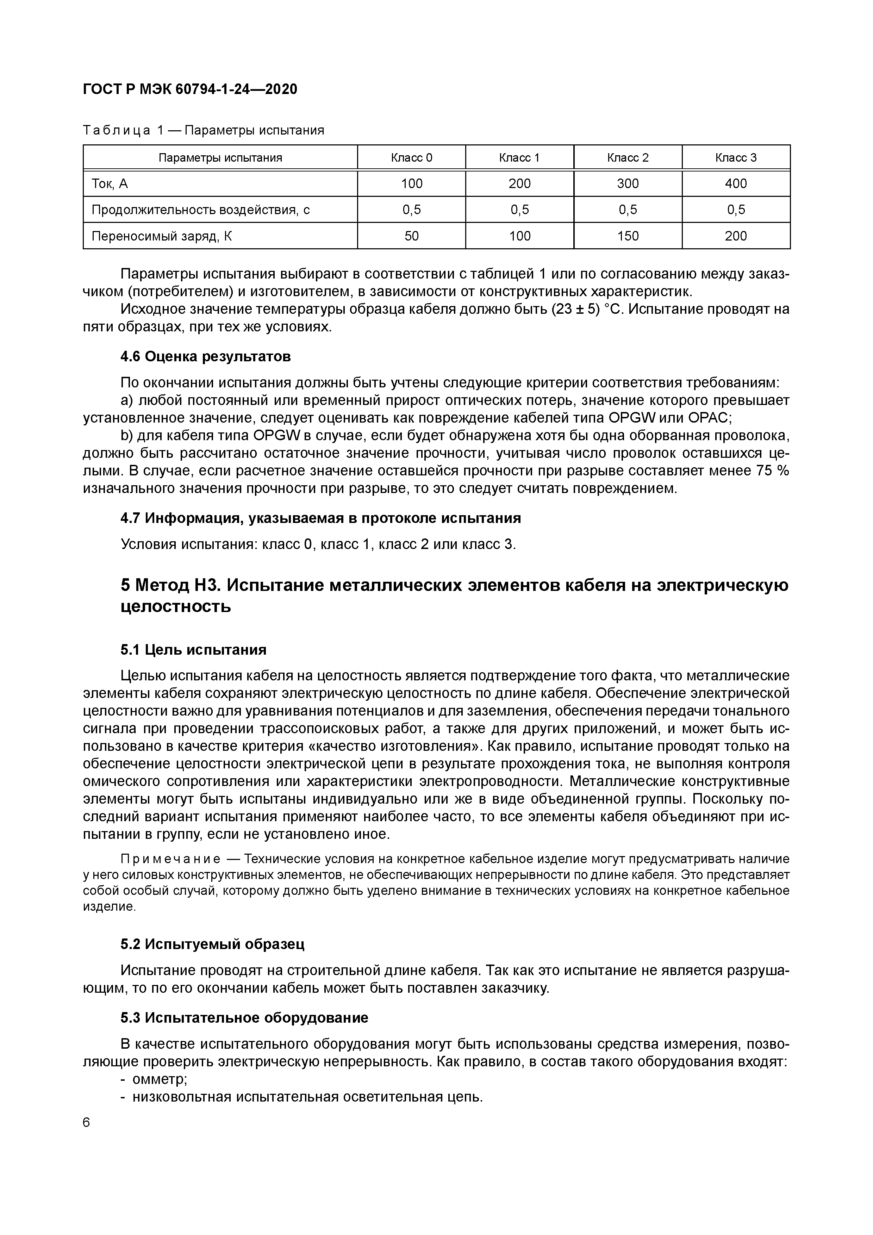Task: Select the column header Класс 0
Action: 411,158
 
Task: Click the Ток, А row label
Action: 110,184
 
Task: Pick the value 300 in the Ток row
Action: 628,184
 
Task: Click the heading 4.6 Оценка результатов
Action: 205,356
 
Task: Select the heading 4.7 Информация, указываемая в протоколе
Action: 320,518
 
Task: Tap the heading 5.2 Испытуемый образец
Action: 212,944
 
